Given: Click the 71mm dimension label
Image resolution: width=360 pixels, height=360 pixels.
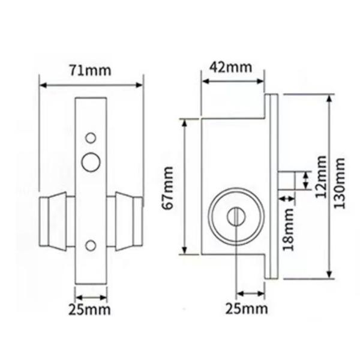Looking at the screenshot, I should (x=91, y=70).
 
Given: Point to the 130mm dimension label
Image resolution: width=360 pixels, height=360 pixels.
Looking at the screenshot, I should (x=341, y=187).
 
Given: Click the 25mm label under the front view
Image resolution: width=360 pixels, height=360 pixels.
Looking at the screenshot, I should (x=92, y=310).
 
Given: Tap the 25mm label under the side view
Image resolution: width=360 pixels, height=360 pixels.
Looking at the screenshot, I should (x=246, y=310).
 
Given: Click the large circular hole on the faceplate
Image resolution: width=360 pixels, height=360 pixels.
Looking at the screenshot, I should (x=91, y=161).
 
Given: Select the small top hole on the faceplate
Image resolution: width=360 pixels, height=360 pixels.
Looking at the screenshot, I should (x=91, y=138).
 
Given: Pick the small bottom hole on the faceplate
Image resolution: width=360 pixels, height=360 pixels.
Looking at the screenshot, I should (x=91, y=245).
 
